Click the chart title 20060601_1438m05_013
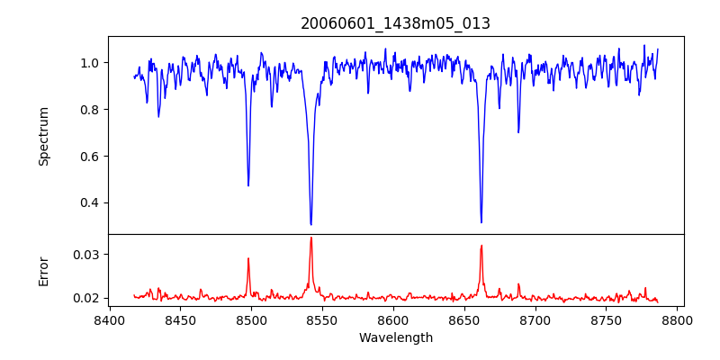(x=395, y=23)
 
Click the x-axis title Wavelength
(x=395, y=337)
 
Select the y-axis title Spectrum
(x=44, y=136)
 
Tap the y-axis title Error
(x=44, y=271)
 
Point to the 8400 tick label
(x=109, y=319)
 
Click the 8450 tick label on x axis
(x=180, y=319)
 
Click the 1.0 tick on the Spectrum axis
(x=90, y=63)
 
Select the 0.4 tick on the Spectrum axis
(x=90, y=202)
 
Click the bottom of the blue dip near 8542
(x=310, y=224)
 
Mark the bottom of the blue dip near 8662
(x=481, y=222)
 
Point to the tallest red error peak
(x=310, y=238)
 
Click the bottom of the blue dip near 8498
(x=248, y=185)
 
